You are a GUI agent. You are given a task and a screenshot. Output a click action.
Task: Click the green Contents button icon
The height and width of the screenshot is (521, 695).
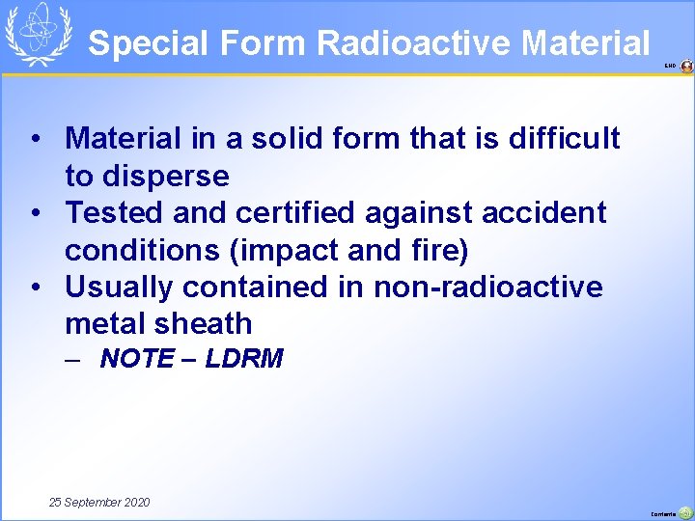pos(685,513)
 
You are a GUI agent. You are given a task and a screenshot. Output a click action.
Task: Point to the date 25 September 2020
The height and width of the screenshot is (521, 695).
pos(99,503)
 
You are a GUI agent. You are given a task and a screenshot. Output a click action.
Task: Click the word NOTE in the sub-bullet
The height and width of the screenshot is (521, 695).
pos(137,359)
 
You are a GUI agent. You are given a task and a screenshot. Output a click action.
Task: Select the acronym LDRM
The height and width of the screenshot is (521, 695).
pos(244,359)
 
